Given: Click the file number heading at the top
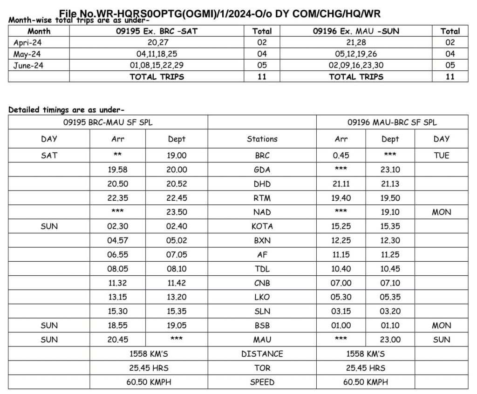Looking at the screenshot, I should pos(220,14).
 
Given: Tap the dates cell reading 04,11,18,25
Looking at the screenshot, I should pos(157,54).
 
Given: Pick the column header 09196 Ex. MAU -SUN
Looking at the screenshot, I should pos(356,31).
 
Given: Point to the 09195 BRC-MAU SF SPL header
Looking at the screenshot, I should pos(108,122).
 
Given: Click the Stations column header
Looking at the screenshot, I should pos(262,139).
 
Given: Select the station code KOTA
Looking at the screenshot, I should pos(262,226).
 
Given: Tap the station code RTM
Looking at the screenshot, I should pos(262,198).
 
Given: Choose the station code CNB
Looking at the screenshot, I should pos(262,283).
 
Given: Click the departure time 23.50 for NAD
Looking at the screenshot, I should pos(177,212).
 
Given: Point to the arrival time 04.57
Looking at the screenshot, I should pos(117,241).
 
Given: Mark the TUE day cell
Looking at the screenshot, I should pos(441,156).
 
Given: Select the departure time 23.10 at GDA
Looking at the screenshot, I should pos(390,170).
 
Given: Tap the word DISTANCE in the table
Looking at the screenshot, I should pos(262,354).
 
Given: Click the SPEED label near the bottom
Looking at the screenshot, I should pos(262,382).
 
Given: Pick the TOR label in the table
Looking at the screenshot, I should pos(262,368).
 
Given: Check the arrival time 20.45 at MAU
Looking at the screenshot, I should pos(117,340).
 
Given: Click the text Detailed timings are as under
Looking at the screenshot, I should pos(66,110).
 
